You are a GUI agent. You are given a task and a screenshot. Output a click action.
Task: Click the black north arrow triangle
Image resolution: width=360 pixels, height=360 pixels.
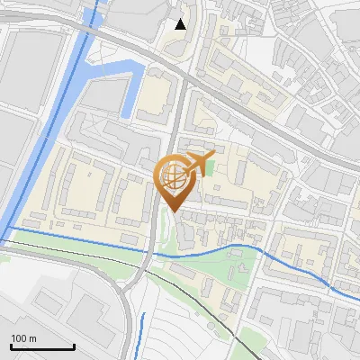click(181, 24)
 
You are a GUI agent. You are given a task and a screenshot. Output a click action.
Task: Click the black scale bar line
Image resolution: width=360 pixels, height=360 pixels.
click(42, 347)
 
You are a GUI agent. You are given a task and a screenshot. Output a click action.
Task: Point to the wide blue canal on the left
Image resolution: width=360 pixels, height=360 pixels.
click(36, 144)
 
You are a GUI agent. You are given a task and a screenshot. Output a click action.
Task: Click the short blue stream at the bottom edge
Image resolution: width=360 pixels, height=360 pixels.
click(141, 333)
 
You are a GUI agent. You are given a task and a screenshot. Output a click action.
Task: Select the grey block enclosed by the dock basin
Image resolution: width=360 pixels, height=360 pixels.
click(105, 94)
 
